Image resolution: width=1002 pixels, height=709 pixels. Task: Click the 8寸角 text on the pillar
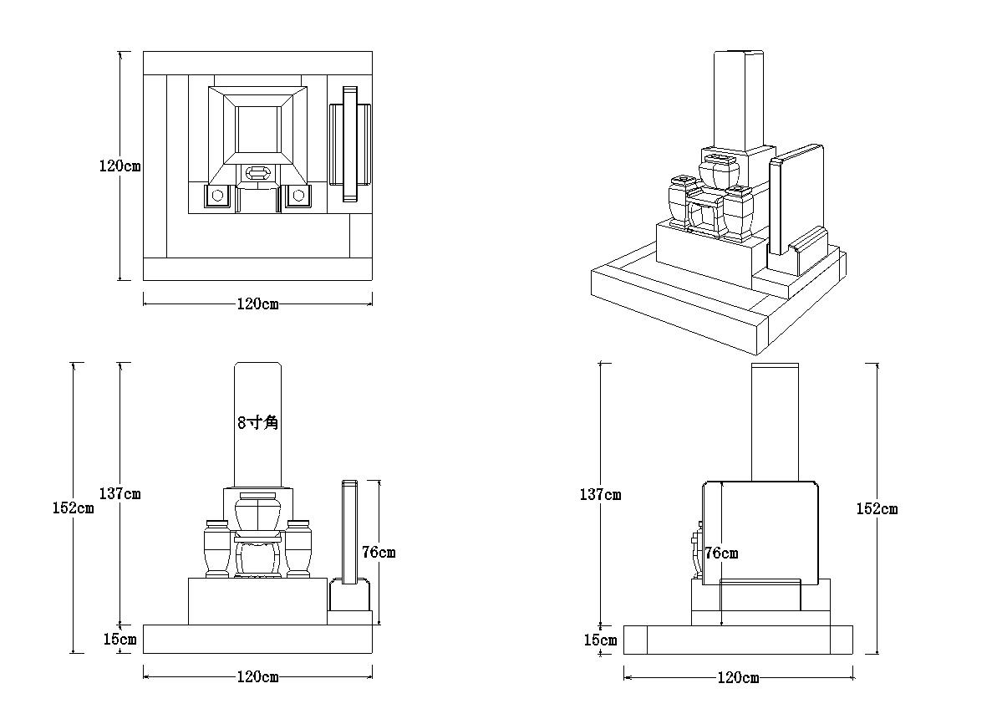(x=257, y=422)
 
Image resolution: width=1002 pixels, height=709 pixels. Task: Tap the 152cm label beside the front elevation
(x=73, y=508)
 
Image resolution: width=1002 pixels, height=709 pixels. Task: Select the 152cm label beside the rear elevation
(x=877, y=508)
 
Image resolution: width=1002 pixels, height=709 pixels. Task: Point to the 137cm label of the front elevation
(x=120, y=493)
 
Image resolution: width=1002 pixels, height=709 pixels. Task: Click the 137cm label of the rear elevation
(x=600, y=494)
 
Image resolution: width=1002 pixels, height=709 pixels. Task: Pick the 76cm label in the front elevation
(x=379, y=552)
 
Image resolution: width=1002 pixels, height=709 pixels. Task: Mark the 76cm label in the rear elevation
(x=721, y=553)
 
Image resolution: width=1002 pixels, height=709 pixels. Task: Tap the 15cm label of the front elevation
(x=120, y=640)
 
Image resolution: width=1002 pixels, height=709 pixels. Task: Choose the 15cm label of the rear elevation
(x=600, y=640)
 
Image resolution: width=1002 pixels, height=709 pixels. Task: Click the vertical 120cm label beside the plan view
(x=120, y=166)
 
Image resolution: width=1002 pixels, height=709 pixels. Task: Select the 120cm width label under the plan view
(x=257, y=303)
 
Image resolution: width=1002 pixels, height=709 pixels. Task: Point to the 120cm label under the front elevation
(x=257, y=676)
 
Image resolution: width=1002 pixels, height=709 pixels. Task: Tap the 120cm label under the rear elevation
(x=738, y=677)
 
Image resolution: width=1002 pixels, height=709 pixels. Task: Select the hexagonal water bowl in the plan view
(x=257, y=174)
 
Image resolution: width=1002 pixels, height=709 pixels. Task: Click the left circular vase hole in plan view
(x=216, y=195)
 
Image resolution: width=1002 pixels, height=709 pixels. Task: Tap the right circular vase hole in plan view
(x=298, y=195)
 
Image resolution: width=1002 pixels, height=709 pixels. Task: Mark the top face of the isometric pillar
(x=739, y=54)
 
